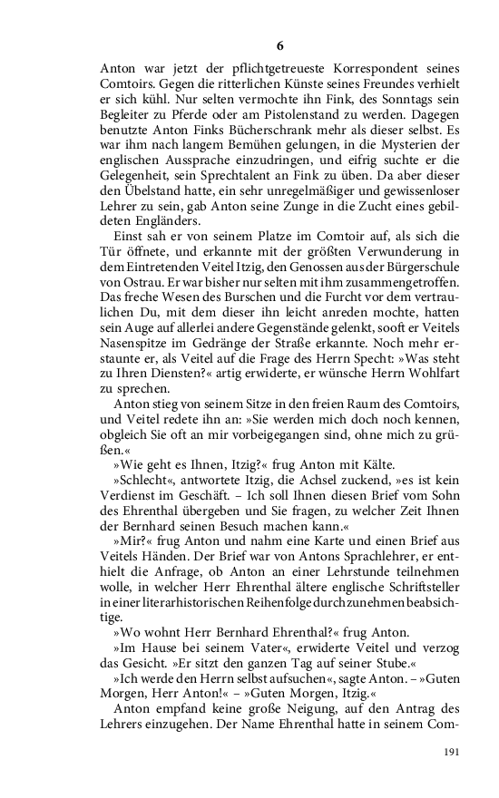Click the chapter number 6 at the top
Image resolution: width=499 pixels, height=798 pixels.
tap(279, 45)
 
